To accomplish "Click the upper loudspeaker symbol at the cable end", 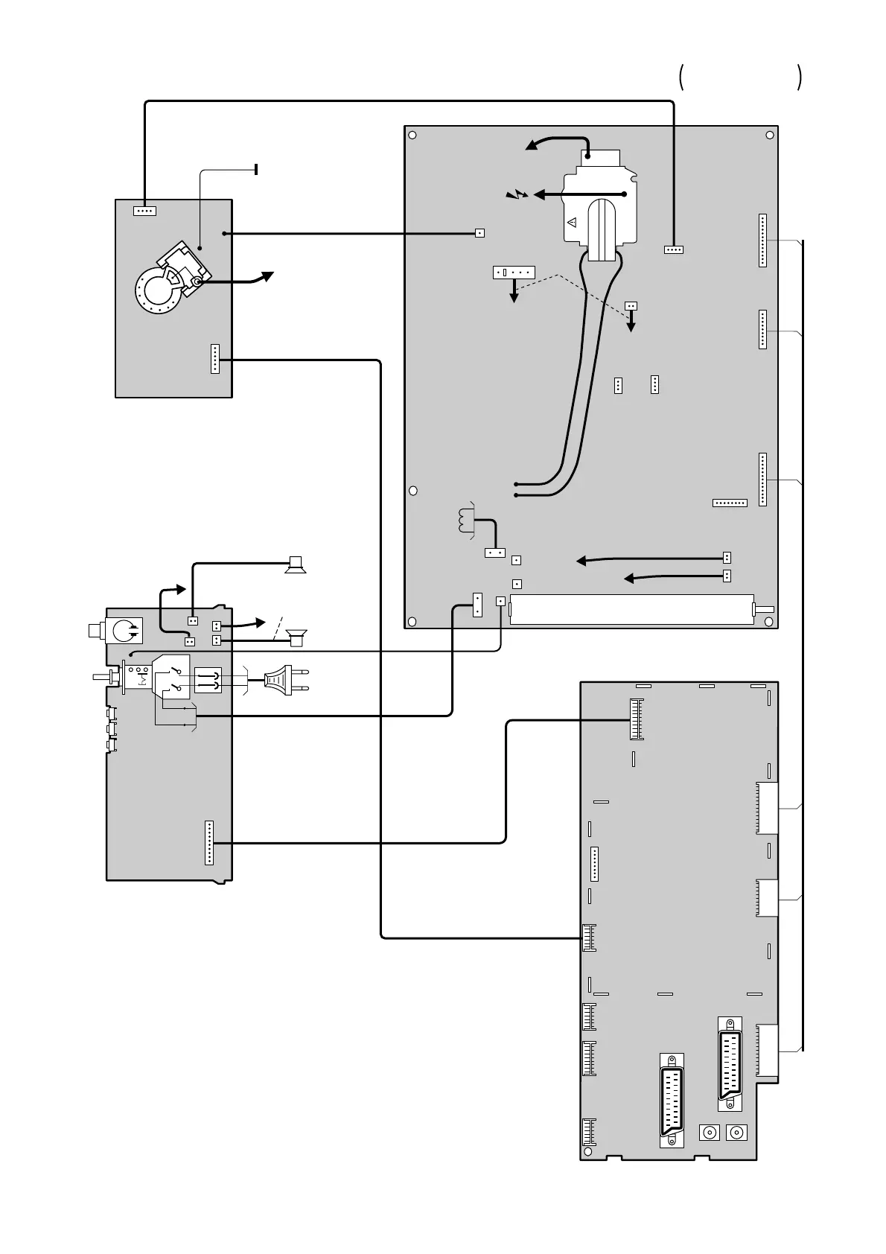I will click(x=296, y=566).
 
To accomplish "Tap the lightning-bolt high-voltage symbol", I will click(x=515, y=195).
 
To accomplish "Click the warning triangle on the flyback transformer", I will click(x=573, y=222).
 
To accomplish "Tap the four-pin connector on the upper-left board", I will click(x=144, y=211).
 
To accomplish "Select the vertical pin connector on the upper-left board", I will click(x=215, y=359).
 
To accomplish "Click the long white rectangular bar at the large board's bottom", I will click(x=631, y=609).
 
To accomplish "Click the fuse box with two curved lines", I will click(x=208, y=681).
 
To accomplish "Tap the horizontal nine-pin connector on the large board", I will click(x=730, y=503).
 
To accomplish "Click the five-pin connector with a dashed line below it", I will click(x=514, y=273).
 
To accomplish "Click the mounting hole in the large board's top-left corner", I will click(x=412, y=136).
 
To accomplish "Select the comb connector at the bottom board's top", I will click(x=637, y=719).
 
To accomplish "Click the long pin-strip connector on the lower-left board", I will click(x=209, y=843).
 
